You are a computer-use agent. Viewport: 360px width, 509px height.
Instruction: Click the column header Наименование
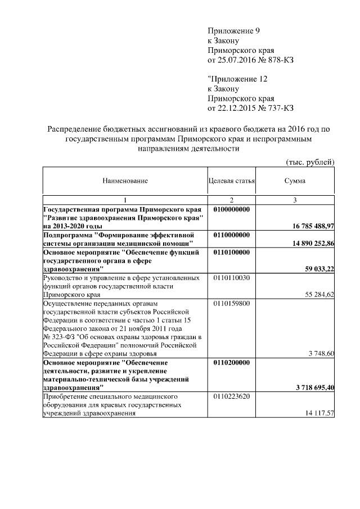click(125, 181)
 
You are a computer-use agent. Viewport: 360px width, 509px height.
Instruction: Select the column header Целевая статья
click(232, 181)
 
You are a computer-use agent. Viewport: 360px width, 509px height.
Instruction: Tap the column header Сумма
click(295, 181)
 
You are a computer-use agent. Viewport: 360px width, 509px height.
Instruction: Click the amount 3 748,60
click(322, 354)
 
